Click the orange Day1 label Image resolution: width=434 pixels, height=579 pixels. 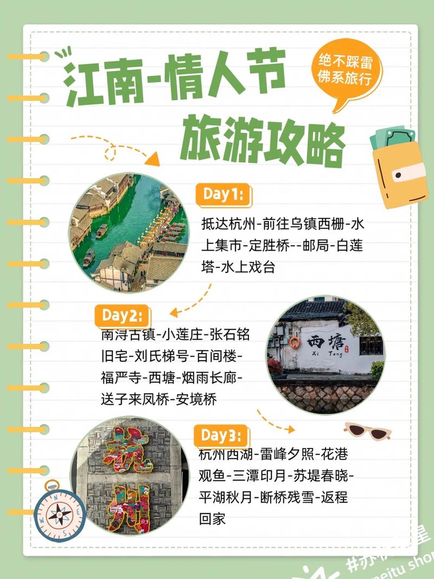click(x=223, y=194)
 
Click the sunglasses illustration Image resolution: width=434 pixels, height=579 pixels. click(x=368, y=431)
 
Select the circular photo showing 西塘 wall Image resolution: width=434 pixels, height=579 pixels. click(x=325, y=355)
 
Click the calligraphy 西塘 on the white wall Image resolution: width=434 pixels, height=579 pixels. click(x=324, y=342)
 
